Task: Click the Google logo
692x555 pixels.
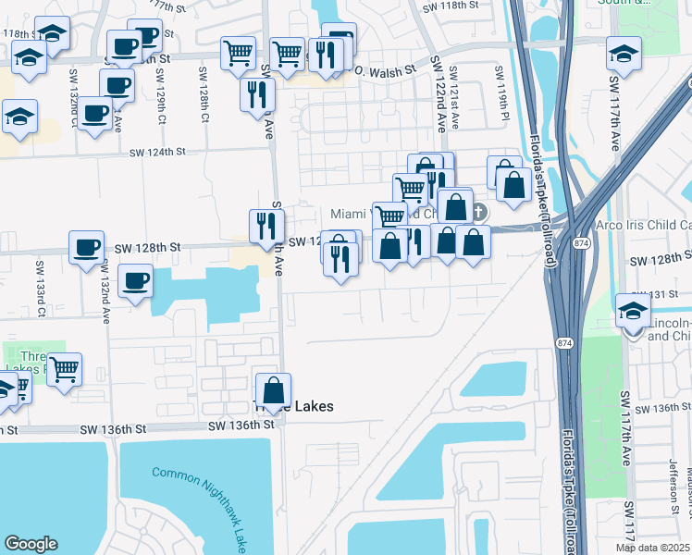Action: click(x=31, y=544)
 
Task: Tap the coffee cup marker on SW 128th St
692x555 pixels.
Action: click(x=88, y=248)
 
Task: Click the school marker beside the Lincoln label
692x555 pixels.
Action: click(x=634, y=311)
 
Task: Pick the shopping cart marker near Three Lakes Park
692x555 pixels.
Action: click(x=64, y=369)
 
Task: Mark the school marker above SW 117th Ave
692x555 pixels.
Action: click(x=624, y=53)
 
